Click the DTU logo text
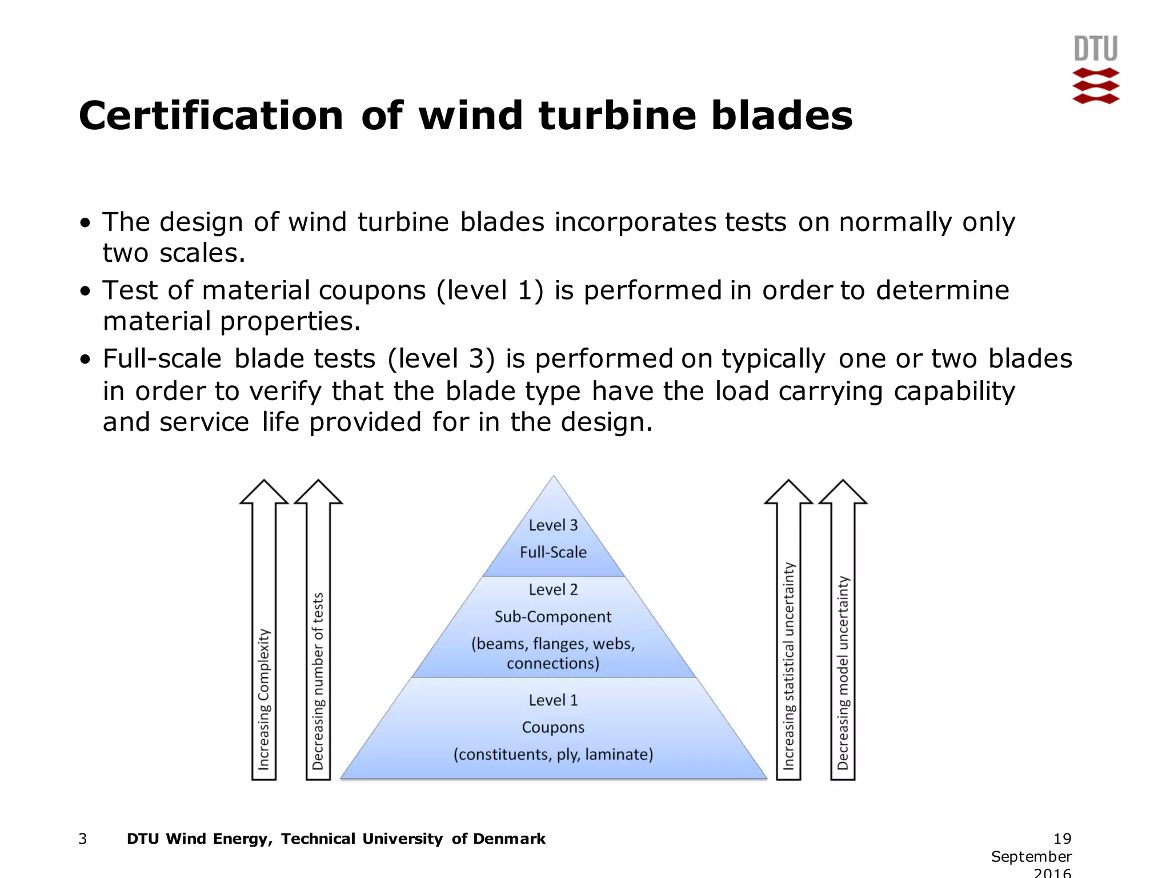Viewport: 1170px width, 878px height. coord(1095,49)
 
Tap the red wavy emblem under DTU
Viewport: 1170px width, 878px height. coord(1095,86)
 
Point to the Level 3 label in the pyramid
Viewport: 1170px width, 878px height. coord(553,525)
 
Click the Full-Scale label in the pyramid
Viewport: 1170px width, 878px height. coord(553,552)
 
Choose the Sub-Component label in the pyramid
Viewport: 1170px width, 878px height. coord(553,617)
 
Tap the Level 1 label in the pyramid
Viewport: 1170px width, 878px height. coord(553,700)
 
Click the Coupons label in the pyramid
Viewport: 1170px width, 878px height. coord(553,728)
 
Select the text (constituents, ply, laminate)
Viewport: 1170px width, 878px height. coord(553,755)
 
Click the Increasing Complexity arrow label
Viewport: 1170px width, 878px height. coord(263,700)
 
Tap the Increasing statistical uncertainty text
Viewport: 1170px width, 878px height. coord(788,667)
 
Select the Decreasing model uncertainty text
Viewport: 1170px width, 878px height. coord(843,673)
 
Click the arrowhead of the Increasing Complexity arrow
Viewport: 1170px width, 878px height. coord(263,493)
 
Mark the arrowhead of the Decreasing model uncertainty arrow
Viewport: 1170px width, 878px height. coord(843,493)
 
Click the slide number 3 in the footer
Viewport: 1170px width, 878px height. coord(83,839)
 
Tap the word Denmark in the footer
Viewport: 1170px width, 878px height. coord(509,839)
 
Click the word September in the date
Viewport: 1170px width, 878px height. coord(1031,856)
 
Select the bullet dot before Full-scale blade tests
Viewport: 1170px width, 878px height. coord(86,360)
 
